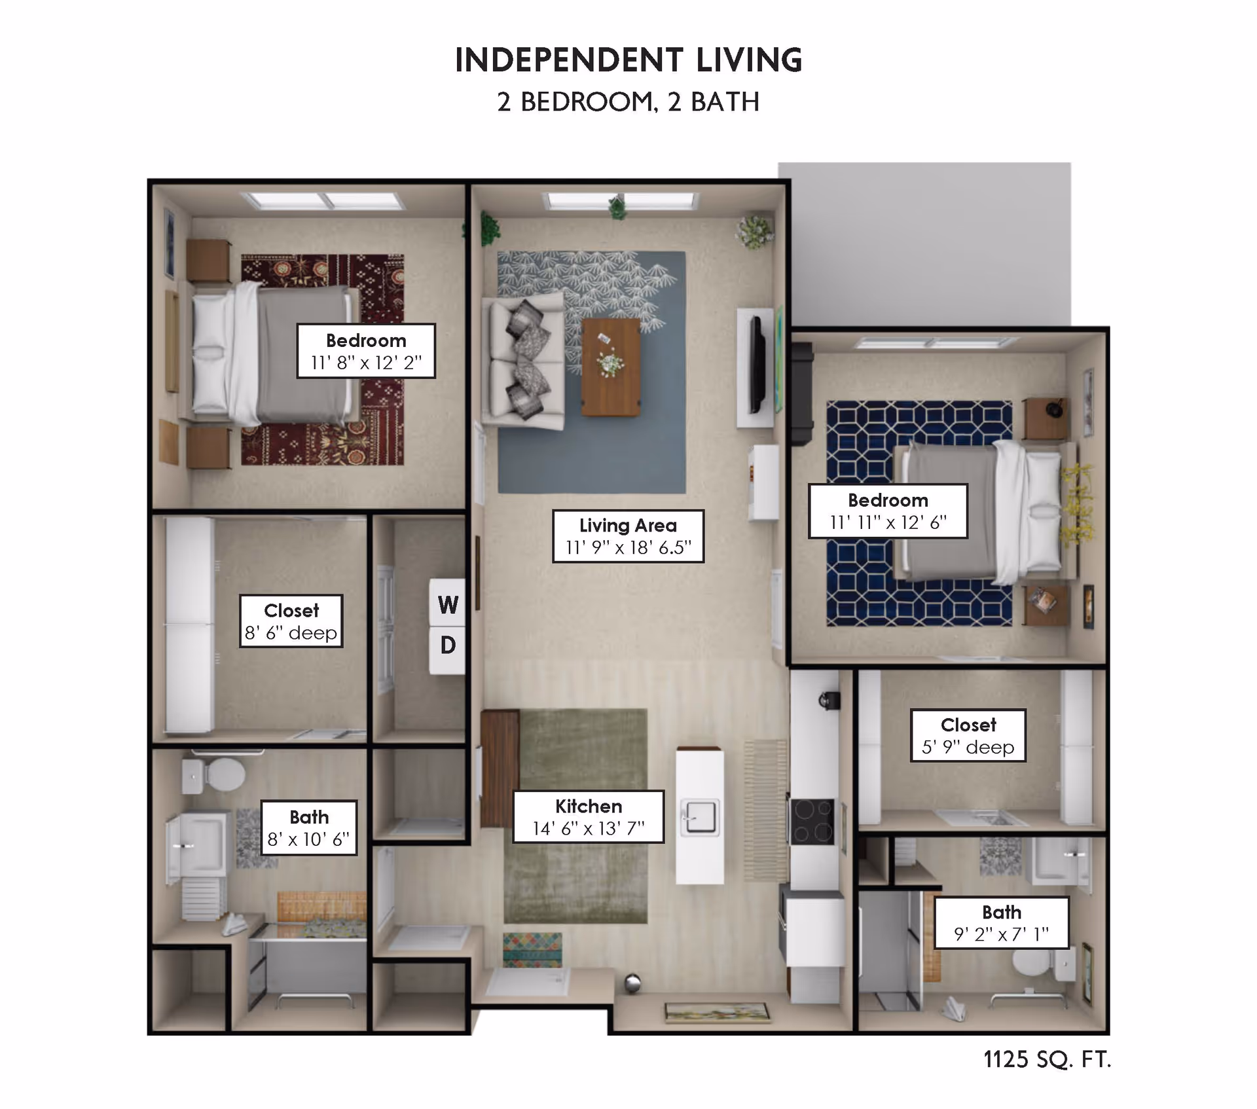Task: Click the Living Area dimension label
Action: [628, 536]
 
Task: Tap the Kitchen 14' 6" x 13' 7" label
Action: [588, 817]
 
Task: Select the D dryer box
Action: [448, 645]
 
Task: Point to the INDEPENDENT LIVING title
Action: [628, 60]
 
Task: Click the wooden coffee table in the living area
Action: [610, 367]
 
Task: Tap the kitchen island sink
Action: [700, 817]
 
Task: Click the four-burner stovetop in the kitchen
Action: [812, 822]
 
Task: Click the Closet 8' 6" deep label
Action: [291, 621]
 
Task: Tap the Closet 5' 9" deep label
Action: [968, 735]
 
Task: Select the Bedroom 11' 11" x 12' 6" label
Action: [888, 511]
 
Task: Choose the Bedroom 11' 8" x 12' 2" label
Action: [366, 350]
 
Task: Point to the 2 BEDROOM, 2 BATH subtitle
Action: [628, 102]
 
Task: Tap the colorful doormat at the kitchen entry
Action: [532, 949]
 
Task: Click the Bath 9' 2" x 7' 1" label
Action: [1001, 922]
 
